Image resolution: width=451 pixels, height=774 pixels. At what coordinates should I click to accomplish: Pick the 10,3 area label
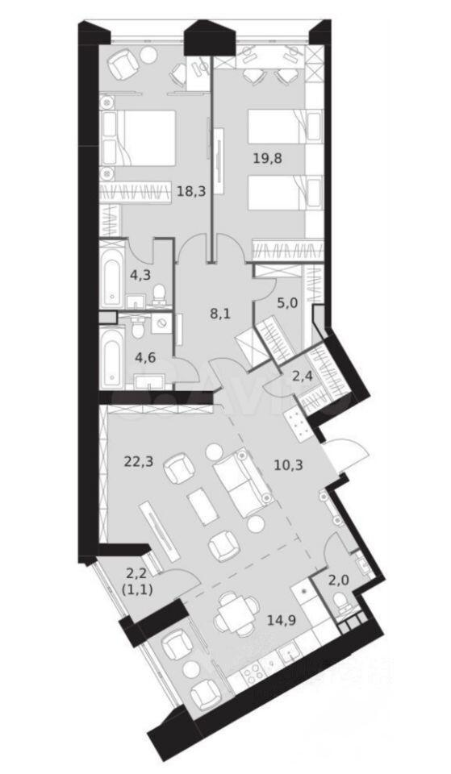click(x=286, y=464)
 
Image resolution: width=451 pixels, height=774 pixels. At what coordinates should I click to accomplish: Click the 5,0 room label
click(x=287, y=304)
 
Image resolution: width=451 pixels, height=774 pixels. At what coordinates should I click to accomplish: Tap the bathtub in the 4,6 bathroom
click(x=112, y=356)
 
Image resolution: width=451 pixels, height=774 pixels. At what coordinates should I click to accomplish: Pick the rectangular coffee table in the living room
click(x=203, y=506)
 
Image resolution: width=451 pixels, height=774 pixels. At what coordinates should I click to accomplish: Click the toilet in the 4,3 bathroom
click(x=159, y=295)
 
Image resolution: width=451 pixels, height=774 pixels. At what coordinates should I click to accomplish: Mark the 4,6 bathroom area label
click(x=146, y=357)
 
